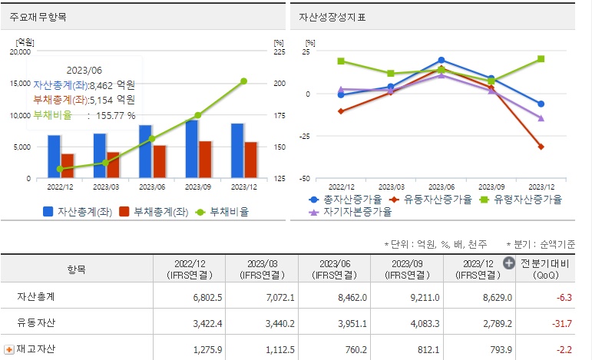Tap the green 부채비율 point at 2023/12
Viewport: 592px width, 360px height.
[x=243, y=81]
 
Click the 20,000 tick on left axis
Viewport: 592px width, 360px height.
[x=20, y=52]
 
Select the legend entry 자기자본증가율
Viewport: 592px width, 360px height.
[x=353, y=210]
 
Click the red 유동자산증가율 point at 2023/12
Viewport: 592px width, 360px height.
[x=541, y=147]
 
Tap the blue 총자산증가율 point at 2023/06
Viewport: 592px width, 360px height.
[x=442, y=60]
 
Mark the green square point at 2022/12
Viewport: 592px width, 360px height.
[x=341, y=61]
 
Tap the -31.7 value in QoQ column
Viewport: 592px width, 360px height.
[x=561, y=322]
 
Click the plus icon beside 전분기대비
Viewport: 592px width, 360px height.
[x=508, y=263]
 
